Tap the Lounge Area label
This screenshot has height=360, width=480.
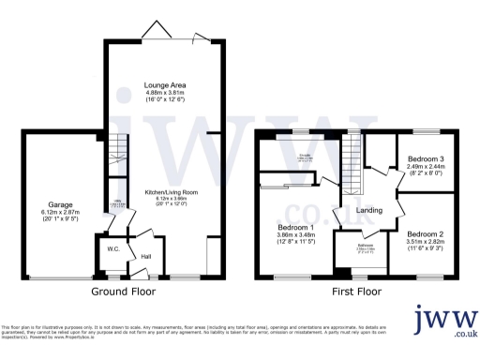163,84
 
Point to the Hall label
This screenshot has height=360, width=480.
146,255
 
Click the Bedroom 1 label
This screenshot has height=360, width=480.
295,228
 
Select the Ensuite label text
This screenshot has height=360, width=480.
306,156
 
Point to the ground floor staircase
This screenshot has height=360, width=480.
115,147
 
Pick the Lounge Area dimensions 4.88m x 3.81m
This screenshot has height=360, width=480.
163,92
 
